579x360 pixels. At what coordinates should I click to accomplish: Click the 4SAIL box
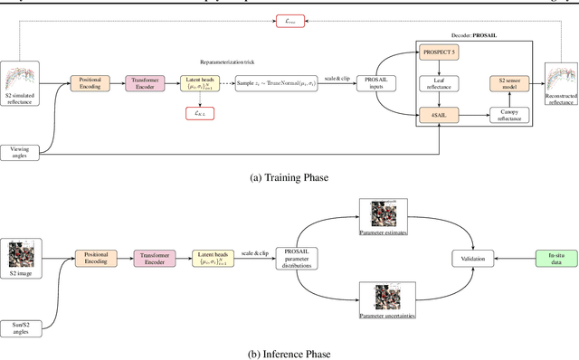pyautogui.click(x=440, y=113)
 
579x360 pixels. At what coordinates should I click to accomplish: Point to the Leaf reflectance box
pyautogui.click(x=440, y=83)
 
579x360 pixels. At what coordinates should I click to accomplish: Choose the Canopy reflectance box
pyautogui.click(x=510, y=113)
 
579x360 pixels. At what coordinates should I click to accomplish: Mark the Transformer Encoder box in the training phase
pyautogui.click(x=146, y=82)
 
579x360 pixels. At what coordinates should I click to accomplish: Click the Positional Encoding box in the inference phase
pyautogui.click(x=97, y=258)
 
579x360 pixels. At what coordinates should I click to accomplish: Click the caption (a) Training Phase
pyautogui.click(x=289, y=176)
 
